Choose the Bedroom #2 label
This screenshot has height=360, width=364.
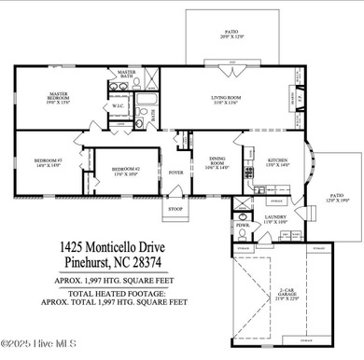pyautogui.click(x=124, y=171)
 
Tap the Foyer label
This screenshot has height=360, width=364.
pyautogui.click(x=175, y=173)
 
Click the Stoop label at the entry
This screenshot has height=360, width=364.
pyautogui.click(x=175, y=208)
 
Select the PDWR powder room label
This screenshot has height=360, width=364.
pyautogui.click(x=242, y=225)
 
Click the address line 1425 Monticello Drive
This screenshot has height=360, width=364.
pyautogui.click(x=116, y=247)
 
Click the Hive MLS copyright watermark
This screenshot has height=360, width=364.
pyautogui.click(x=35, y=353)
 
